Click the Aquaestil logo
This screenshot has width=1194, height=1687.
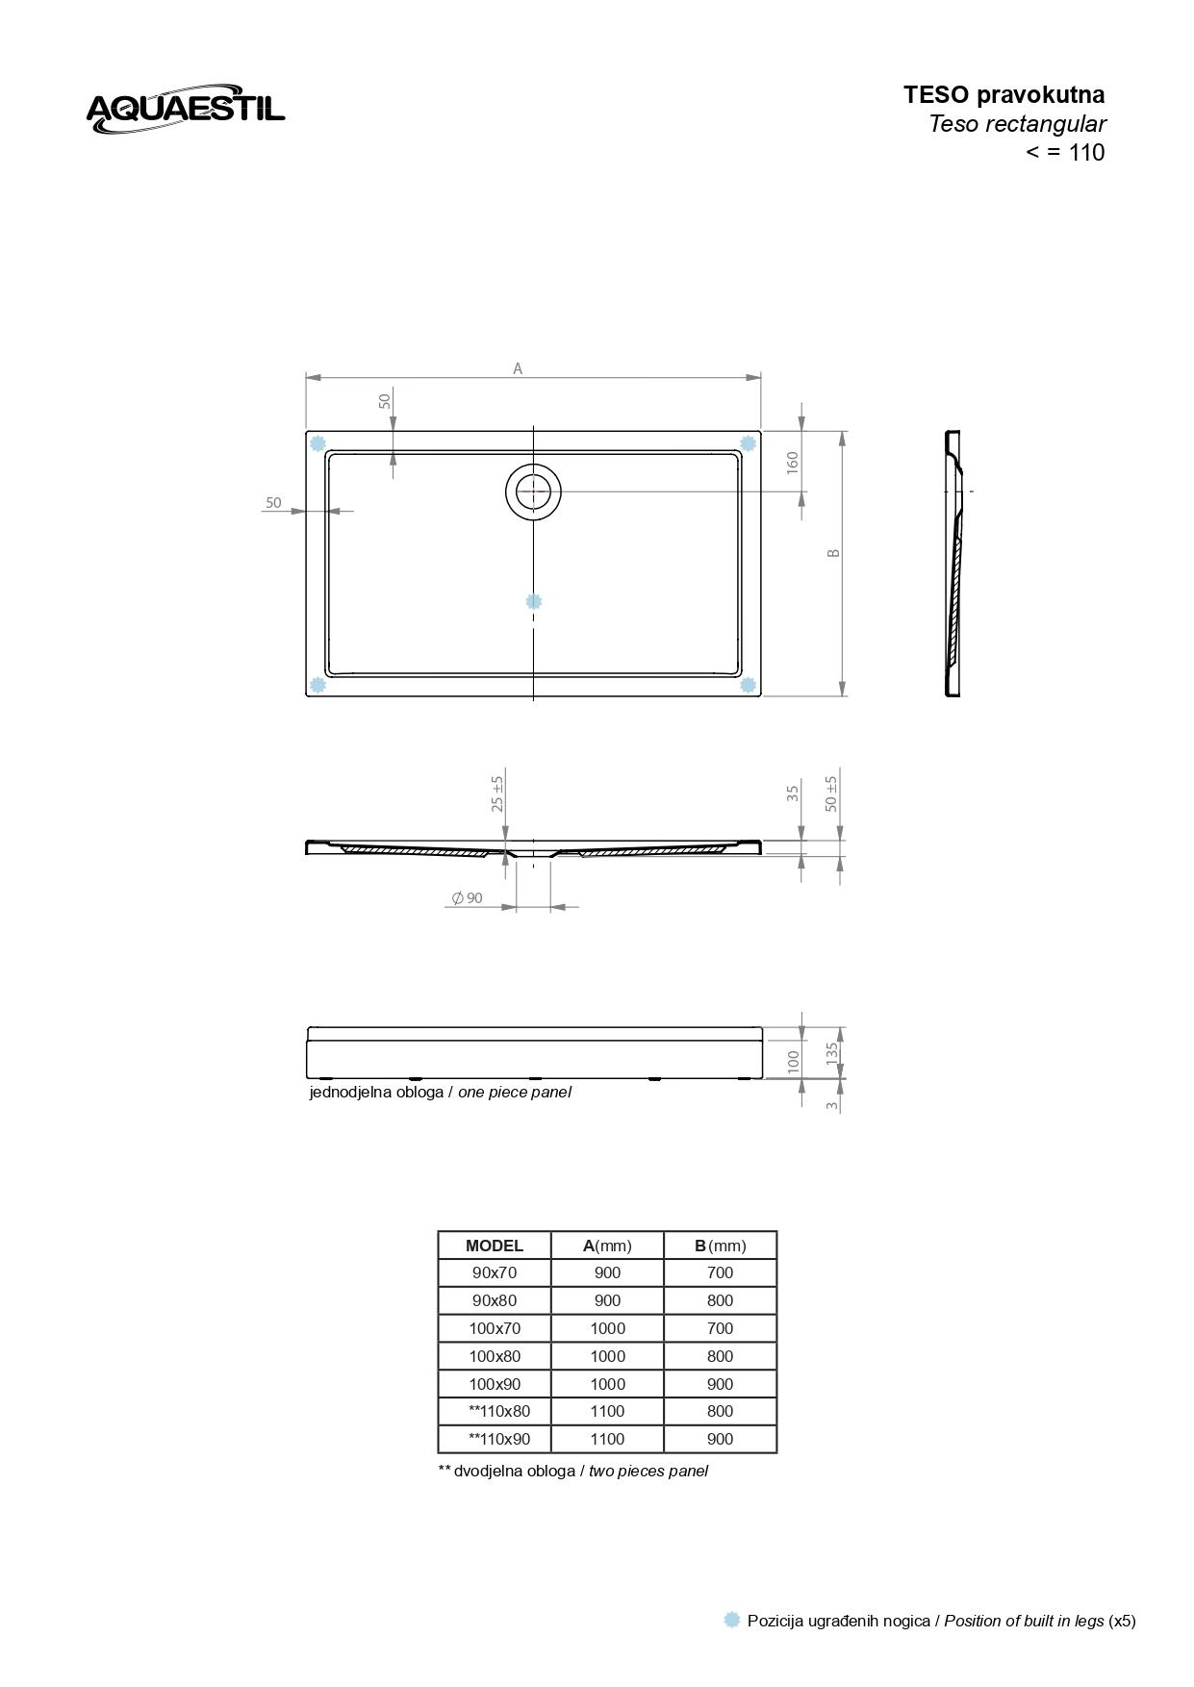click(186, 108)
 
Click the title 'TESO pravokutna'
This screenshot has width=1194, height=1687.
click(1003, 94)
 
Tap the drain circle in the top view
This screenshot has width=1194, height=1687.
click(533, 491)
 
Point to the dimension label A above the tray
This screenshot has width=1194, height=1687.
click(518, 368)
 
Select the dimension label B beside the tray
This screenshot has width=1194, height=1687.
click(834, 553)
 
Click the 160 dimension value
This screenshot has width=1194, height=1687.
click(793, 463)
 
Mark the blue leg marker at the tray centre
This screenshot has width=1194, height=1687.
click(534, 601)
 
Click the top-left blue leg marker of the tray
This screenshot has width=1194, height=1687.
click(318, 443)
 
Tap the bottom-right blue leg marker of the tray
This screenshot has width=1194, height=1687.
click(748, 685)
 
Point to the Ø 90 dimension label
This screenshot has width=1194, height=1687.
click(468, 897)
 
